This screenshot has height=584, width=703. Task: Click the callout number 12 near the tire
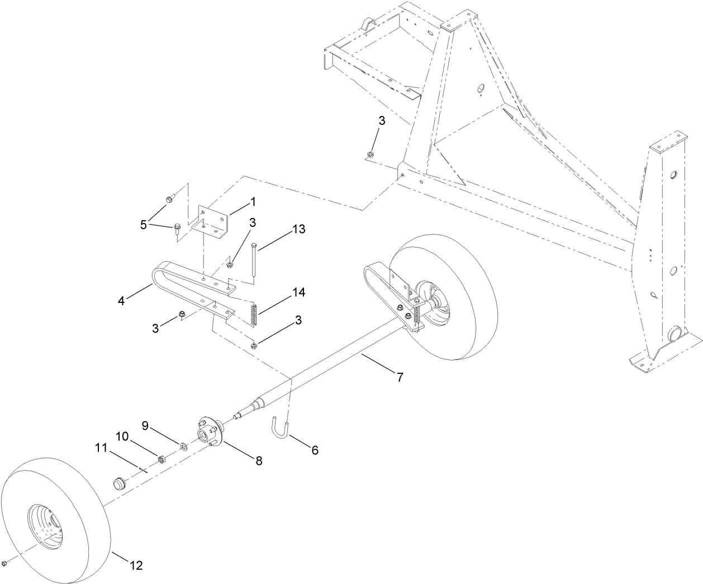[x=136, y=566]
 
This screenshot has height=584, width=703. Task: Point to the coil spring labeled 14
[x=253, y=316]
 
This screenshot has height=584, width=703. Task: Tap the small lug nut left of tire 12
[x=4, y=562]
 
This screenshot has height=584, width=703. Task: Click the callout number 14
[x=299, y=292]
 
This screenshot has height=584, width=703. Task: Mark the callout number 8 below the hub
[x=259, y=460]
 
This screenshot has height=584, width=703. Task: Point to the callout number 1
[x=253, y=200]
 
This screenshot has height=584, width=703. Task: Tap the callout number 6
[x=315, y=450]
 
